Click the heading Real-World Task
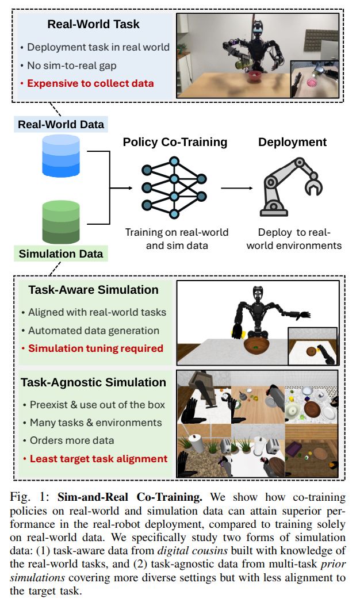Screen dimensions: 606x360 coord(94,25)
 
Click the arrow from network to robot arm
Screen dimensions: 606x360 coord(237,187)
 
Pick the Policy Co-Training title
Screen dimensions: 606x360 coord(175,142)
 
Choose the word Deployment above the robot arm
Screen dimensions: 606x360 coord(292,142)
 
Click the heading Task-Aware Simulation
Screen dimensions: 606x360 coord(94,290)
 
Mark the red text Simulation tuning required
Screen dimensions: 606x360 coord(95,348)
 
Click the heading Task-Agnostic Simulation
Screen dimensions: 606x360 coord(93,382)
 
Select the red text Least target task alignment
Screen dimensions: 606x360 coord(98,458)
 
